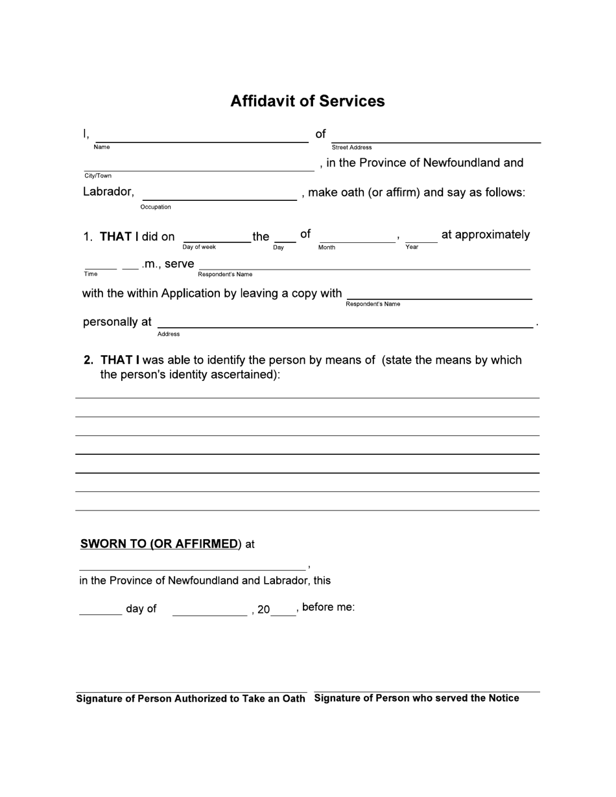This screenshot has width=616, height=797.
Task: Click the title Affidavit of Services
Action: [x=307, y=101]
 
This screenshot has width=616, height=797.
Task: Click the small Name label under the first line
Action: [x=102, y=147]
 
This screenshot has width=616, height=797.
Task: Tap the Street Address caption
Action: [x=351, y=148]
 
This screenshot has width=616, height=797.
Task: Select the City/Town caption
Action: [x=98, y=176]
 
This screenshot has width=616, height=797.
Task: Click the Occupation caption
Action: [x=156, y=207]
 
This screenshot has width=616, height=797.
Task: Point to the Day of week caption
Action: [x=199, y=247]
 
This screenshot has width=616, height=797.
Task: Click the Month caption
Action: [x=327, y=248]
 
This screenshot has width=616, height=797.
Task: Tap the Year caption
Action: [x=412, y=247]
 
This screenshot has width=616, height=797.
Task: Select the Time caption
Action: [x=91, y=273]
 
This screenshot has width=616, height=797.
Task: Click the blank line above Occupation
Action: [x=219, y=199]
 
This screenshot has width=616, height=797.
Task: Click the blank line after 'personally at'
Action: [x=345, y=327]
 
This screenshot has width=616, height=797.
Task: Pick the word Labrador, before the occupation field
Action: [x=108, y=192]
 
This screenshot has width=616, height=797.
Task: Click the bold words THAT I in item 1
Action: [x=116, y=237]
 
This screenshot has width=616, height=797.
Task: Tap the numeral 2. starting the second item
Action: [x=89, y=360]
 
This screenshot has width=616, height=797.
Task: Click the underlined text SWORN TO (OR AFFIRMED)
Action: [x=160, y=544]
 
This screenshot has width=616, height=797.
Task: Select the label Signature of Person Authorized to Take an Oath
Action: [x=191, y=699]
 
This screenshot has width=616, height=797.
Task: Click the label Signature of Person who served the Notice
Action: [x=416, y=698]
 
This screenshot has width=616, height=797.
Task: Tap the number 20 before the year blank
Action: [x=263, y=610]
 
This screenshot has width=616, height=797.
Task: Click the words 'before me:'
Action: [x=328, y=608]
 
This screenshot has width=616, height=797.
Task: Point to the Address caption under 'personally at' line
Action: [x=169, y=334]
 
